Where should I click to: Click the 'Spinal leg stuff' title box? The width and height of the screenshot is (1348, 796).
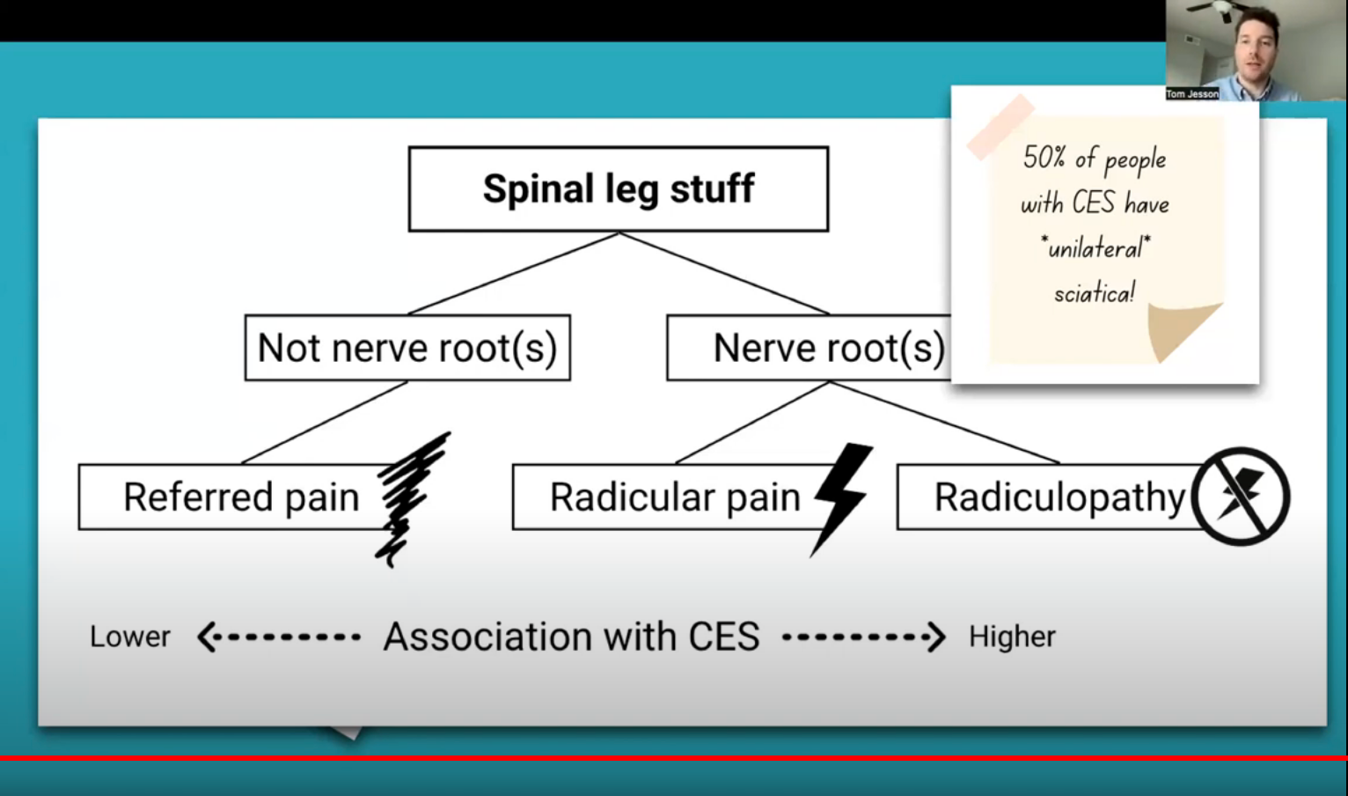click(618, 189)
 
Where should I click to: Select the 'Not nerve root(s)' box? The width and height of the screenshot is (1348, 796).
click(407, 348)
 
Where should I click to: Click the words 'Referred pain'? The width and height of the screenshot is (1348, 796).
click(241, 497)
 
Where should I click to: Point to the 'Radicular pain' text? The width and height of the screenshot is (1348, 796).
click(675, 497)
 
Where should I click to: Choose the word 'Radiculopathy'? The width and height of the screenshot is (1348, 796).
click(1059, 497)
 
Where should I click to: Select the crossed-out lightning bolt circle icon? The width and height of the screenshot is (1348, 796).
click(1241, 496)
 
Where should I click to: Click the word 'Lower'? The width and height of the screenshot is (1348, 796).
click(130, 637)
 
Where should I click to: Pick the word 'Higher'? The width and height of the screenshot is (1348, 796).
click(1012, 637)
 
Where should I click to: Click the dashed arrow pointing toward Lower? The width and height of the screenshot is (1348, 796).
click(278, 637)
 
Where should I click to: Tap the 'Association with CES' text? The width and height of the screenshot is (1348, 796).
click(572, 637)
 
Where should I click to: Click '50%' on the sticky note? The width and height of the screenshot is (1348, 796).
click(1044, 158)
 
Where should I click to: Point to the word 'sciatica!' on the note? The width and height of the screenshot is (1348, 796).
click(1095, 292)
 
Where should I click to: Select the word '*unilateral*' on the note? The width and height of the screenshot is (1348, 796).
click(1095, 248)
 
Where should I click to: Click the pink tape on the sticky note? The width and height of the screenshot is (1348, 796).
click(1000, 127)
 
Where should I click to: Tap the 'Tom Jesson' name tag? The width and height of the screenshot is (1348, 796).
click(1192, 93)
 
